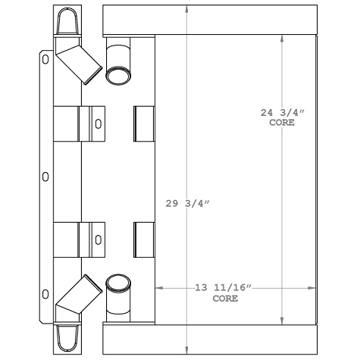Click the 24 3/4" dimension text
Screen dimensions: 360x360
tap(282, 113)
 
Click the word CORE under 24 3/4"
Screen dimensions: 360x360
tap(283, 122)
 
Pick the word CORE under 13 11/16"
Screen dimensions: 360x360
tap(224, 299)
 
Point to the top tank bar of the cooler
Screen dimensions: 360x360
tap(209, 16)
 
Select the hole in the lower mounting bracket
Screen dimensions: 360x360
tap(97, 239)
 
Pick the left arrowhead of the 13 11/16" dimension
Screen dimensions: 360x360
tap(159, 288)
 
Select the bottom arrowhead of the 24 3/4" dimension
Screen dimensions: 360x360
tap(283, 319)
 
